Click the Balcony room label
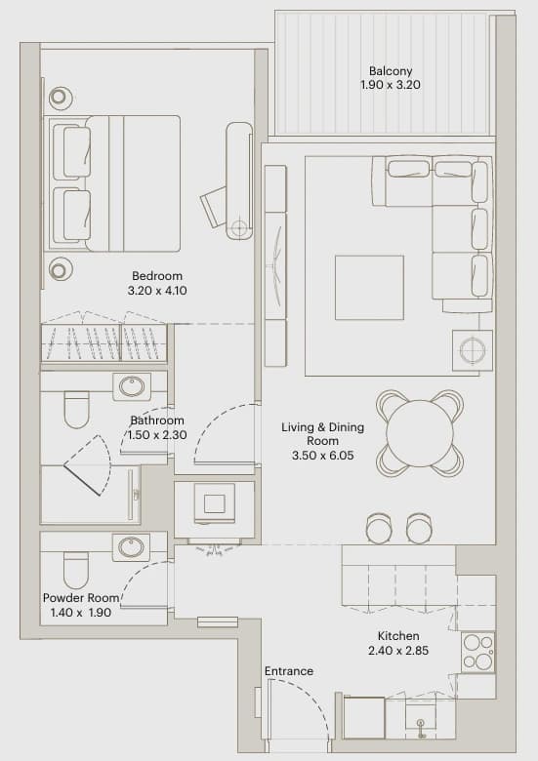click(x=391, y=71)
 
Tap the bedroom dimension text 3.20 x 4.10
click(x=157, y=291)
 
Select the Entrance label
click(x=288, y=671)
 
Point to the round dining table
click(x=420, y=433)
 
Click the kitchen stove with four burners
click(x=477, y=652)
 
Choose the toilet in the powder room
click(x=76, y=570)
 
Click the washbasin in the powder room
click(x=131, y=547)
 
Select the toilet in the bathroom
click(x=77, y=410)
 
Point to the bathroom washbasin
click(x=132, y=386)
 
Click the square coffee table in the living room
click(x=369, y=288)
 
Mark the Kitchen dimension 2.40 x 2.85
click(x=398, y=651)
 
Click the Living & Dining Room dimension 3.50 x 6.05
click(x=323, y=456)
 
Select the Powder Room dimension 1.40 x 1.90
click(x=81, y=613)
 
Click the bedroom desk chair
click(x=214, y=206)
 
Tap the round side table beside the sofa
click(x=473, y=350)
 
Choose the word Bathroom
click(x=157, y=421)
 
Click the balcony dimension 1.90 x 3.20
click(x=391, y=85)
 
